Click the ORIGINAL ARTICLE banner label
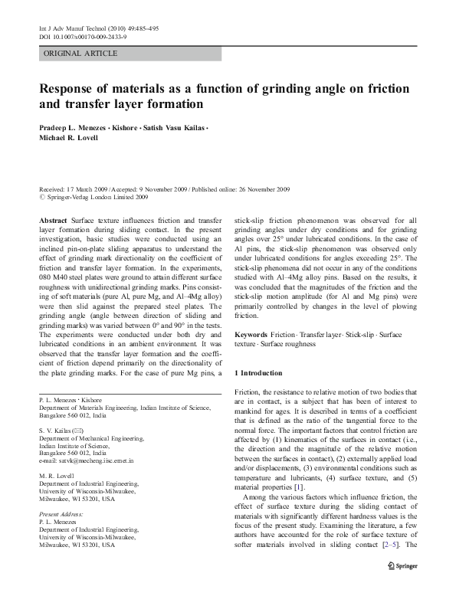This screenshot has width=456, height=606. click(80, 54)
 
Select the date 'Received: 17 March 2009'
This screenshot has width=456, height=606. click(74, 189)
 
